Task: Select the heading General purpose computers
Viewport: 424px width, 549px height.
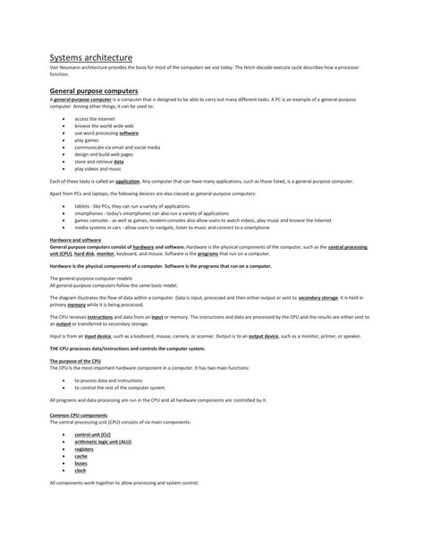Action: [x=94, y=90]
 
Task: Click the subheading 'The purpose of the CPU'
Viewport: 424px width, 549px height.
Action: [x=75, y=361]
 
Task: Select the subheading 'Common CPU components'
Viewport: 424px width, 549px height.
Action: [x=79, y=416]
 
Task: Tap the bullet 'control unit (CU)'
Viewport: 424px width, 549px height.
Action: [x=93, y=434]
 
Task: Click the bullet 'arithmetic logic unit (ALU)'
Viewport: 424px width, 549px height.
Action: [x=104, y=442]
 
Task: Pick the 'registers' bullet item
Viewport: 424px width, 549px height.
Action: [x=84, y=449]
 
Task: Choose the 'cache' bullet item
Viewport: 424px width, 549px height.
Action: [x=81, y=456]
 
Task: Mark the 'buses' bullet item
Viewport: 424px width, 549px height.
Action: [x=81, y=463]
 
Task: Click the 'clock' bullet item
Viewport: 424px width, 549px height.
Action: [x=81, y=470]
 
